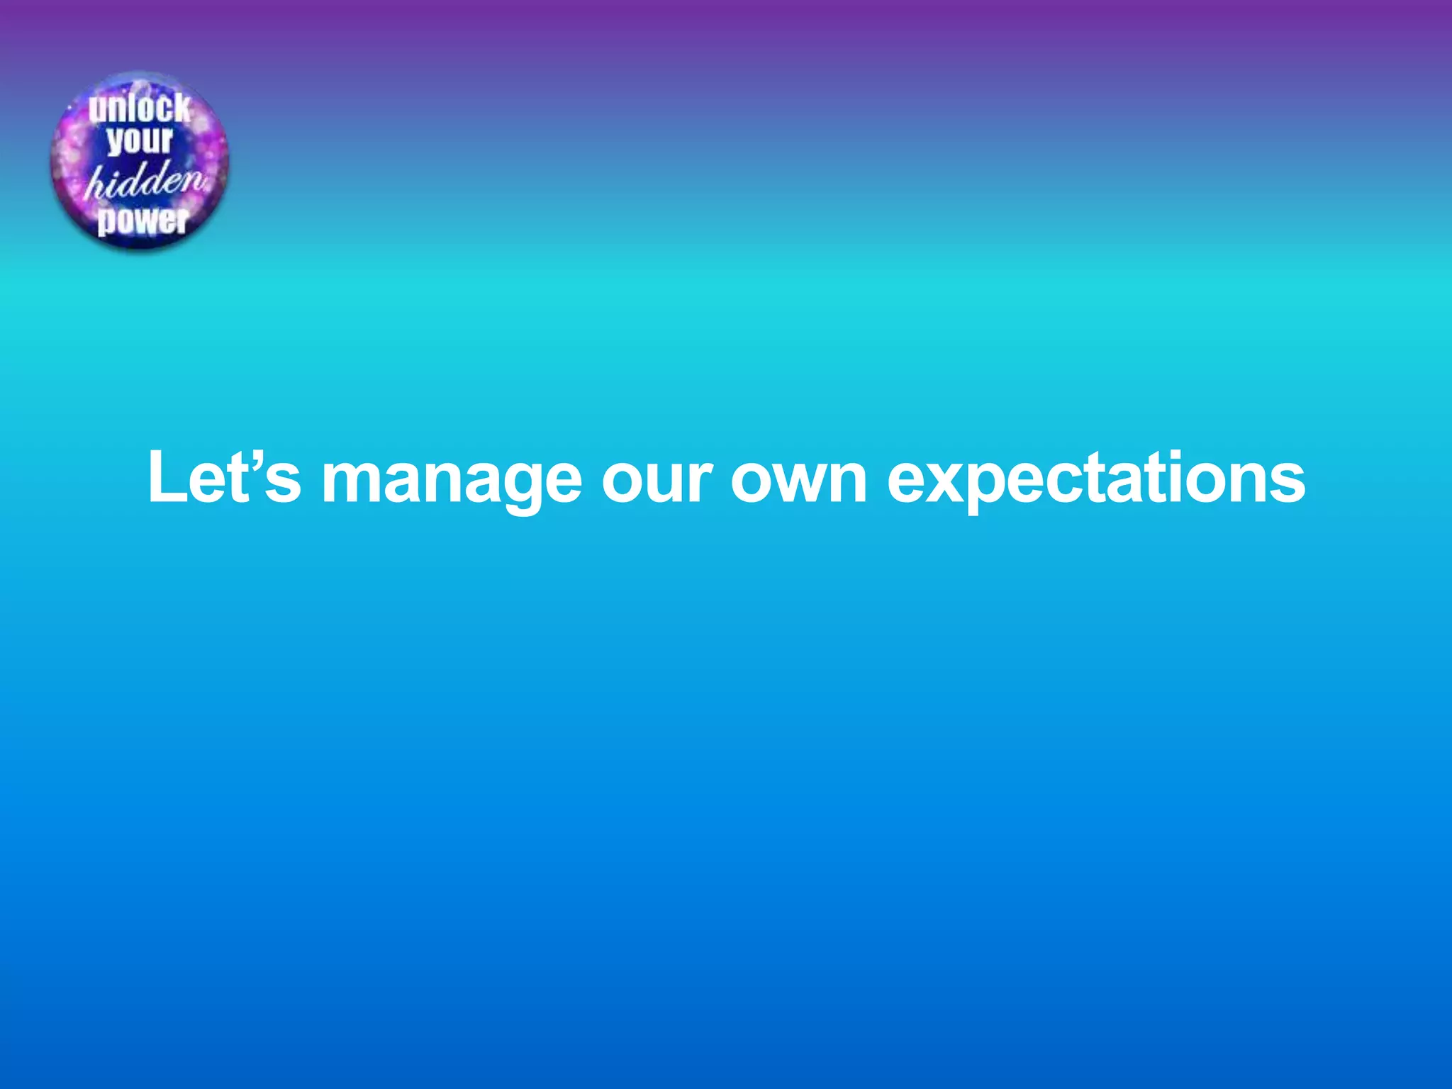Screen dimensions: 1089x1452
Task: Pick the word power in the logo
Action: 143,220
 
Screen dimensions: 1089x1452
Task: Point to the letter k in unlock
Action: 181,108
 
